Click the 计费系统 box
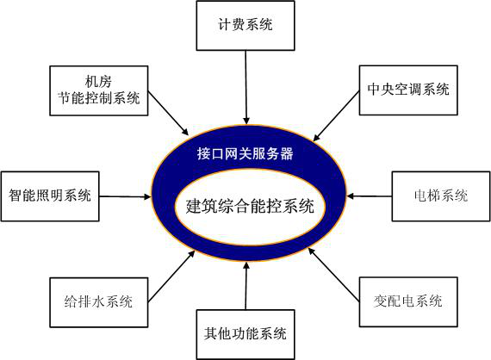coord(245,25)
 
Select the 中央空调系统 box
coord(408,90)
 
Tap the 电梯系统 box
coord(441,196)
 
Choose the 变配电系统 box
coord(408,301)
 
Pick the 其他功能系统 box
coord(245,334)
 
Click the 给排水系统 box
coord(99,302)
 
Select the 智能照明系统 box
coord(50,196)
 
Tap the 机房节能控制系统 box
coord(99,90)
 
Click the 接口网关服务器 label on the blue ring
coord(245,153)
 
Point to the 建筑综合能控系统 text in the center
coord(250,207)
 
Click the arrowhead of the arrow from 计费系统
coord(246,121)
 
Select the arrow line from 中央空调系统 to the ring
coord(336,116)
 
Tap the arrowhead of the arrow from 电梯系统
coord(351,196)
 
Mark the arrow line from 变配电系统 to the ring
coord(334,275)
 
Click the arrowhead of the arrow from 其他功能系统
coord(246,265)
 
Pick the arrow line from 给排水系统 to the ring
coord(171,276)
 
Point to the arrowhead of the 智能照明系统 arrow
coord(147,197)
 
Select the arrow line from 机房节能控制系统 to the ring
coord(168,113)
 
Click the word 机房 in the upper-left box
coord(98,82)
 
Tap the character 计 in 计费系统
coord(225,25)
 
